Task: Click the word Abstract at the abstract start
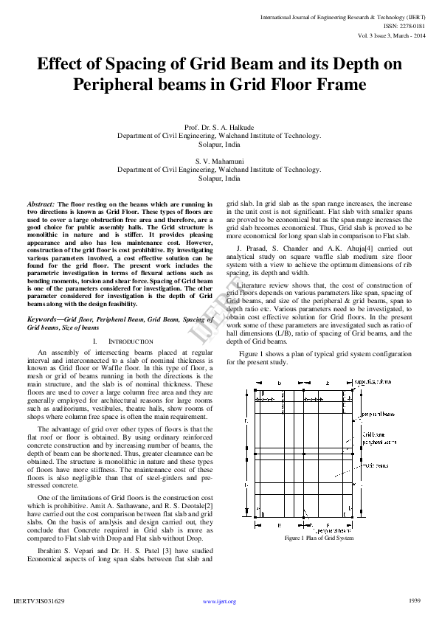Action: click(41, 204)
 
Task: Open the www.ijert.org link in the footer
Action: click(219, 601)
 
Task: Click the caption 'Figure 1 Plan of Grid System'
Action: click(319, 538)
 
